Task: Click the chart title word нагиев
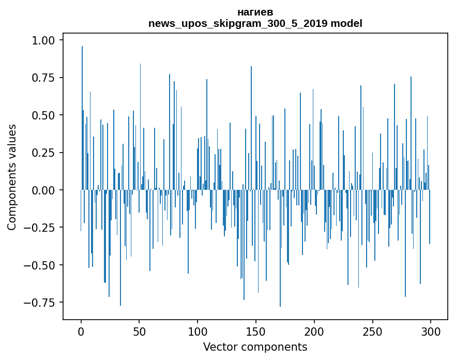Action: point(255,12)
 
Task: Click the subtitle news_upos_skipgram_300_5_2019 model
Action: point(255,23)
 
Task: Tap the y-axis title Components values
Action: point(12,177)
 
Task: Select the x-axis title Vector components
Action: point(255,347)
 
